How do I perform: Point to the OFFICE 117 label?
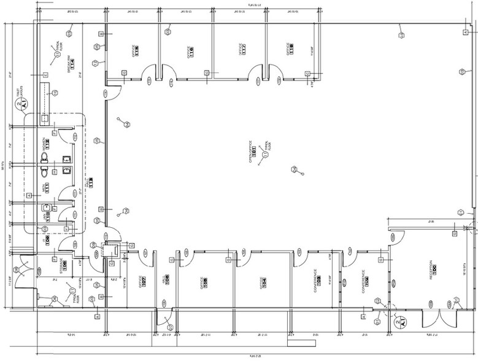[242, 49]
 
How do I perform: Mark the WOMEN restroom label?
[45, 146]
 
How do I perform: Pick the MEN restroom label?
[45, 188]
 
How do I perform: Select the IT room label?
[47, 238]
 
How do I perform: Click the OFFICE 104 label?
[264, 282]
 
